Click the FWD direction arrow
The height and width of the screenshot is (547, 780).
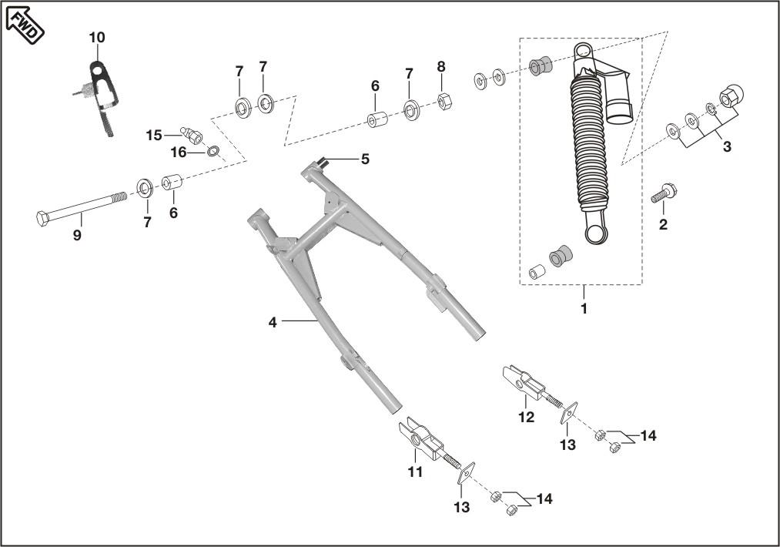(x=25, y=23)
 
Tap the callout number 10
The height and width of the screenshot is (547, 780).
(x=97, y=38)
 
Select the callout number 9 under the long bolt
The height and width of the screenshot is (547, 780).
(x=77, y=236)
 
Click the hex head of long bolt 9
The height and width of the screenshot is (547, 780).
(x=43, y=217)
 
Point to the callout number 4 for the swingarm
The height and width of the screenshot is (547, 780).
(x=273, y=322)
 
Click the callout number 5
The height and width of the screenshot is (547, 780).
(x=365, y=159)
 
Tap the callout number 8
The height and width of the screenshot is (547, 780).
(x=441, y=67)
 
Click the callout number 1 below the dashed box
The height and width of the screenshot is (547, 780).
(x=584, y=309)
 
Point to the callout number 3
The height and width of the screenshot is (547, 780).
(x=726, y=147)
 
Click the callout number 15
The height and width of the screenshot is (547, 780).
(x=154, y=136)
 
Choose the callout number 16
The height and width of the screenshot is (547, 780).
(x=178, y=153)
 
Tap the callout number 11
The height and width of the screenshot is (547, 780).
(x=415, y=472)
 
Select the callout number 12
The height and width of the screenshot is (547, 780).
(x=526, y=417)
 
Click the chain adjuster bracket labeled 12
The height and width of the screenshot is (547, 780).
(x=521, y=381)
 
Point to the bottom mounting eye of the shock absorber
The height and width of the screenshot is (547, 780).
(x=598, y=231)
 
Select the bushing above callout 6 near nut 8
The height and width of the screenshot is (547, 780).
(x=377, y=122)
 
